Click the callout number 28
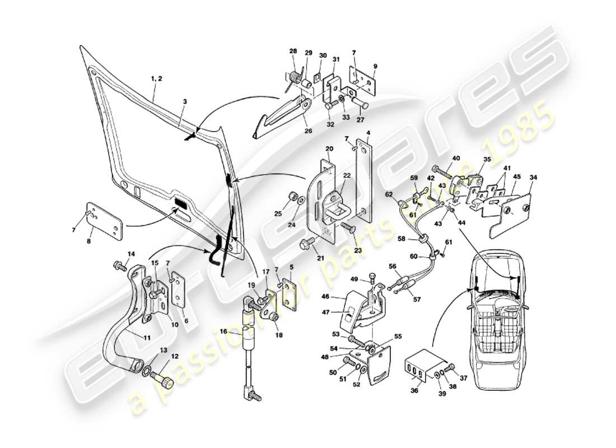coord(293,52)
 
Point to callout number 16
coord(223,332)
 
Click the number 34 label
coord(533,178)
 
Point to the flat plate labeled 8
coord(104,222)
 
